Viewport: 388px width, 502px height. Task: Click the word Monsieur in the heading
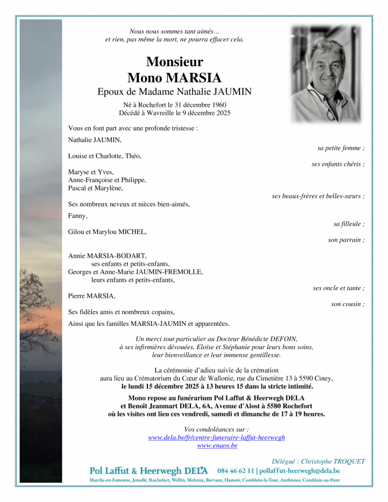[x=174, y=61]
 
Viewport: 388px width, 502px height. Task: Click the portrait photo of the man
[x=325, y=73]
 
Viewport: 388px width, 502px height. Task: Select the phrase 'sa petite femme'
[x=340, y=147]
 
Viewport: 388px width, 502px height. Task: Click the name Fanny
[x=78, y=216]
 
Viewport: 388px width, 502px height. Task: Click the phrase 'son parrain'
[x=346, y=240]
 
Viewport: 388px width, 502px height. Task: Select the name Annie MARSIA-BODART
[x=107, y=255]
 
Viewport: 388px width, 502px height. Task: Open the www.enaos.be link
[x=217, y=445]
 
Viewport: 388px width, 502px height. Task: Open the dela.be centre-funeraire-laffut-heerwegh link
[x=216, y=438]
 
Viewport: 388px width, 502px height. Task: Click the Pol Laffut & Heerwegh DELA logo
[x=149, y=470]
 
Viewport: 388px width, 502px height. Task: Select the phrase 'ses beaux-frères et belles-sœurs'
[x=318, y=196]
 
